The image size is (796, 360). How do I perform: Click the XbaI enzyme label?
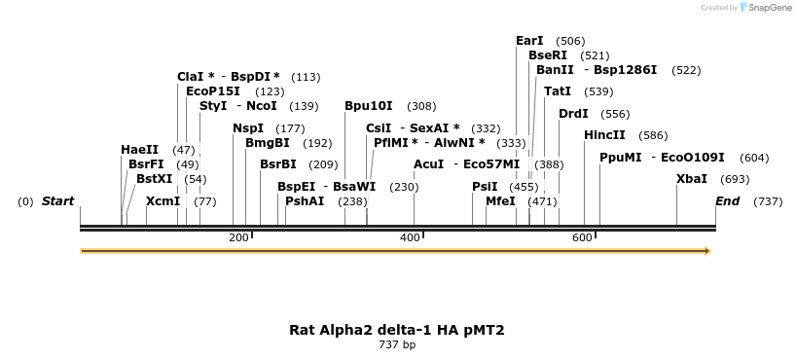coord(692,179)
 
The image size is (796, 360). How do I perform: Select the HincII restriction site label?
coord(604,135)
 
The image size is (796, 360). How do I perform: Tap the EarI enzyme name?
coord(529,41)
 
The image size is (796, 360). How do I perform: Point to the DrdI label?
coord(573,114)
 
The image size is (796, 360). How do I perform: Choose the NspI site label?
coord(248,128)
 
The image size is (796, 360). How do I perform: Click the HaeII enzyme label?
coord(139,150)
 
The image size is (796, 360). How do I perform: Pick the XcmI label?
coord(163,201)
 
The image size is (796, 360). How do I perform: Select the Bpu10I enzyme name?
coord(369,106)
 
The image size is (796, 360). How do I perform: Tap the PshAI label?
coord(305,201)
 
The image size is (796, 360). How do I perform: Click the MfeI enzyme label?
coord(500,201)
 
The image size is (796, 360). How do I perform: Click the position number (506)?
coord(570,41)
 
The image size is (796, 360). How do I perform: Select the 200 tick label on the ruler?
coord(238,238)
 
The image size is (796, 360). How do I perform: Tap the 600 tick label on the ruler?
coord(582,238)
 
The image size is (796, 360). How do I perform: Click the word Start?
coord(57,201)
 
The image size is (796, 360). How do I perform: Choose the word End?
coord(727,201)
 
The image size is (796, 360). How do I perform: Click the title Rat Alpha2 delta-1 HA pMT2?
coord(397,330)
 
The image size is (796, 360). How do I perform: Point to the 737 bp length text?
coord(397,344)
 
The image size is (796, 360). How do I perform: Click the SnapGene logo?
coord(764,8)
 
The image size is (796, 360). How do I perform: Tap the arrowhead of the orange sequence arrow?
coord(707,251)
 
